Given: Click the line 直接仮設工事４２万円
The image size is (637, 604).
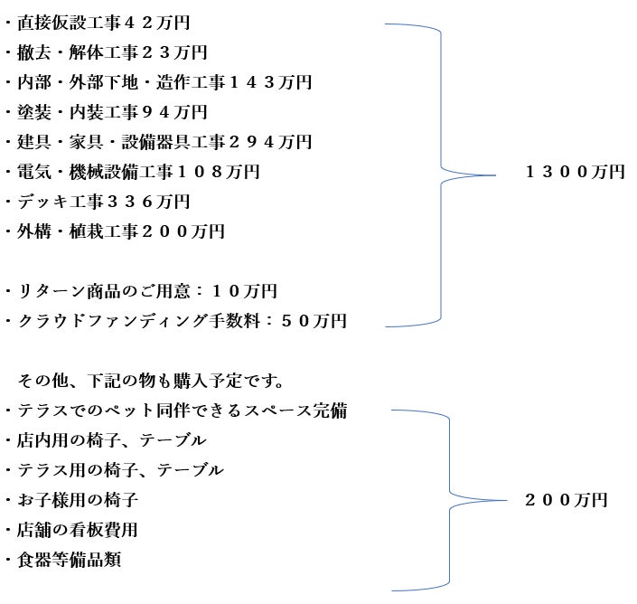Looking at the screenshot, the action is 98,23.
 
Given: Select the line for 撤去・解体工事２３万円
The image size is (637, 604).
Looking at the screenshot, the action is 107,52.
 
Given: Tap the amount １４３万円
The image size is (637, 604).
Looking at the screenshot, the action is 270,82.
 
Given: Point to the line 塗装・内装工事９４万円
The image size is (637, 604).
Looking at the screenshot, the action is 107,112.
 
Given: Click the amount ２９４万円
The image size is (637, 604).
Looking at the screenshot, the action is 270,142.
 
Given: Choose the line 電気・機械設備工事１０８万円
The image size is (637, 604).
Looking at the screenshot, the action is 133,172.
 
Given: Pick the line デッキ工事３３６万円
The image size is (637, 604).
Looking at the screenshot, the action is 98,202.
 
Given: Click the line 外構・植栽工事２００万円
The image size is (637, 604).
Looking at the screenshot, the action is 115,231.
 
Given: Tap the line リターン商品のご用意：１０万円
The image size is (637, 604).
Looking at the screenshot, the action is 141,291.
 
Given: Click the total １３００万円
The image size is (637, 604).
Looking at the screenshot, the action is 575,172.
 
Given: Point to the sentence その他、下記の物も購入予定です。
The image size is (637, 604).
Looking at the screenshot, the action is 150,381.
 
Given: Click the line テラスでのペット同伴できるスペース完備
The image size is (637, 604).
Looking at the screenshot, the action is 176,411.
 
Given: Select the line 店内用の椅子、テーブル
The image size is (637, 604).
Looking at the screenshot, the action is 106,440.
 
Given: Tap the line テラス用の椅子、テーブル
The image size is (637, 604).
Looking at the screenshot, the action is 115,470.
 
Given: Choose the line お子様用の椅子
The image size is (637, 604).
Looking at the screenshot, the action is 71,500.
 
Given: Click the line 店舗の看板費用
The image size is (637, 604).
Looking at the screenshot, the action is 71,530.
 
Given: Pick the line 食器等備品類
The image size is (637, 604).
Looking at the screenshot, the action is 63,560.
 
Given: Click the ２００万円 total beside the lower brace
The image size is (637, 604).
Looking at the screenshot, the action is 566,500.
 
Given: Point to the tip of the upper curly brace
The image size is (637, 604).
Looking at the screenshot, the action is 496,175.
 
